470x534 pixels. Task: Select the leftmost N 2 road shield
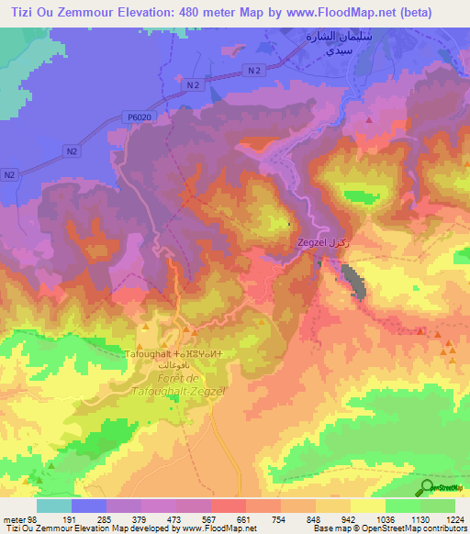pyautogui.click(x=10, y=174)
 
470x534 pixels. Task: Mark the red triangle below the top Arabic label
pyautogui.click(x=368, y=117)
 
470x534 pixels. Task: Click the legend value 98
pyautogui.click(x=37, y=518)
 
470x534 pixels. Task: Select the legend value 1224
pyautogui.click(x=454, y=518)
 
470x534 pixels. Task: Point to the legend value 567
pyautogui.click(x=212, y=518)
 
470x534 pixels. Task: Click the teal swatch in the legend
pyautogui.click(x=54, y=506)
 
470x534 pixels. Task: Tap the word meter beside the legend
pyautogui.click(x=16, y=518)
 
